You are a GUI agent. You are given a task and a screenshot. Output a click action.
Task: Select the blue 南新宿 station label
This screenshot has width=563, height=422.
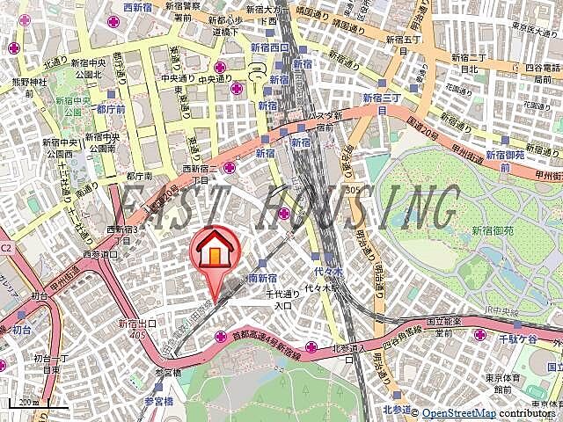263,277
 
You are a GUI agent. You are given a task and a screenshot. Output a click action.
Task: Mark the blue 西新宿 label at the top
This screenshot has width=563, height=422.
139,8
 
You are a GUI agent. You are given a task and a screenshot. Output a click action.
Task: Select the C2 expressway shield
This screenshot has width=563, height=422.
6,249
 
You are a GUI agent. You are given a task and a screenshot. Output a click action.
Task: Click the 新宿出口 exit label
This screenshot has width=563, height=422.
136,324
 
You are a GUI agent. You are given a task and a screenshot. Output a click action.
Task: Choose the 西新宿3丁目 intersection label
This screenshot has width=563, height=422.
122,235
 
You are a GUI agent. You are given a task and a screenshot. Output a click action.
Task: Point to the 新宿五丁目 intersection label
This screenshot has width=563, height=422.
412,44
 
